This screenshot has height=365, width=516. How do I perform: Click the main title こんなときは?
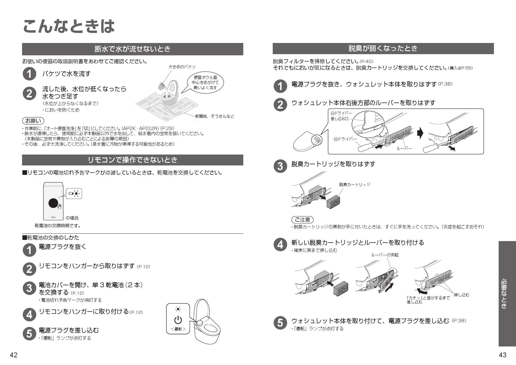tap(68, 26)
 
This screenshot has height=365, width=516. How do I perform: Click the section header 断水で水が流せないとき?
tap(132, 49)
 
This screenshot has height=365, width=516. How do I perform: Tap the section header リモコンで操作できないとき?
tap(132, 160)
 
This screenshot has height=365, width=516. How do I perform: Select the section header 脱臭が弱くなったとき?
tap(383, 48)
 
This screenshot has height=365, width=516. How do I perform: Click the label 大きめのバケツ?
tap(182, 67)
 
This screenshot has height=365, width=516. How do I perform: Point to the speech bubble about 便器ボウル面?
tap(205, 82)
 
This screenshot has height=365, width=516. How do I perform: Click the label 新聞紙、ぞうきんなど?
tap(214, 116)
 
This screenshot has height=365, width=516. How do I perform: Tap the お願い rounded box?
tap(33, 121)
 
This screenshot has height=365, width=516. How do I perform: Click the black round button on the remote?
tap(54, 203)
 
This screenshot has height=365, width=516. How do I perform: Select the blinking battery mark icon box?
tap(74, 193)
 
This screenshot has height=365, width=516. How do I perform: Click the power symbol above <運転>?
tap(178, 320)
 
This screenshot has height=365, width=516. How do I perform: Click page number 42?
tap(14, 355)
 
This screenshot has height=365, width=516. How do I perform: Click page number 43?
tap(502, 355)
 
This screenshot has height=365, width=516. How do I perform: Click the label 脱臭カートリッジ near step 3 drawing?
tap(354, 185)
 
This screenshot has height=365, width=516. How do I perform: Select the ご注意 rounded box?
tap(302, 220)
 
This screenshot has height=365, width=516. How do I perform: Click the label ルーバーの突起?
tap(384, 255)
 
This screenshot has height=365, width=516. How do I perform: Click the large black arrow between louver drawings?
tap(420, 133)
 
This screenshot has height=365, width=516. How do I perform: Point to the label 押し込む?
tap(461, 295)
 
